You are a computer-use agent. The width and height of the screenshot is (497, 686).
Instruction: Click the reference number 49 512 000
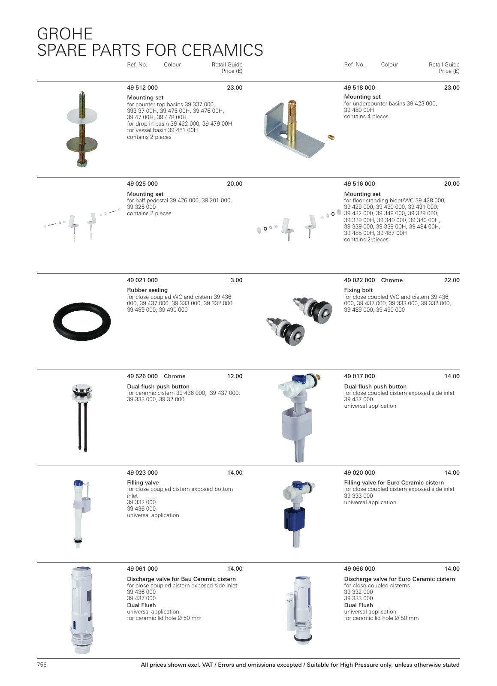tap(142, 88)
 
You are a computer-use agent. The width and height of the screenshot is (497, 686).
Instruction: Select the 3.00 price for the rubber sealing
tap(236, 280)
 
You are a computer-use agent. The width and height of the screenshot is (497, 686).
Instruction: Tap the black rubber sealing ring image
tap(82, 322)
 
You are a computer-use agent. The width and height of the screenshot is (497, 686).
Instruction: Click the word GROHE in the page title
tap(65, 34)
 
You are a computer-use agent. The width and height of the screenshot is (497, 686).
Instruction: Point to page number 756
tap(42, 665)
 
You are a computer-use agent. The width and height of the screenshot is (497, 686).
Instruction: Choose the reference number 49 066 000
tap(359, 569)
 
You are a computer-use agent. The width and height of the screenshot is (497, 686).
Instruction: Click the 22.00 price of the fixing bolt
tap(452, 280)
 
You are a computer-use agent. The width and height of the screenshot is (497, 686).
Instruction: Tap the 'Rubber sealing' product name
tap(147, 290)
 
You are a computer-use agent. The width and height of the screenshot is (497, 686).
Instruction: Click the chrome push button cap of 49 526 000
tap(82, 389)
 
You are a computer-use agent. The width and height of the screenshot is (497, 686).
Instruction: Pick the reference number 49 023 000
tap(142, 473)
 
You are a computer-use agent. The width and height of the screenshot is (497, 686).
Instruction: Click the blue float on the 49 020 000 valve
tap(294, 519)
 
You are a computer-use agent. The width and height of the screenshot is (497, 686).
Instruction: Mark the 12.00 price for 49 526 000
tap(235, 376)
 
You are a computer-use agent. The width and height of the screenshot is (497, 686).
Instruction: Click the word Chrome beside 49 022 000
tap(392, 280)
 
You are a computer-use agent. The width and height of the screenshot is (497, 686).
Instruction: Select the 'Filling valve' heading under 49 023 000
tap(143, 483)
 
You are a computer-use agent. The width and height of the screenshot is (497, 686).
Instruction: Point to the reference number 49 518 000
tap(359, 88)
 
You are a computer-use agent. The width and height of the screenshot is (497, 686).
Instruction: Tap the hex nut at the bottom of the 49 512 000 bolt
tap(82, 162)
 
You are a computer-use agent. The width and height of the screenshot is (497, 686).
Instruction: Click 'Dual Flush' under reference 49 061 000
tap(142, 605)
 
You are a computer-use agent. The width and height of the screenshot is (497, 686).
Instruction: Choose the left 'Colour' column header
tap(172, 65)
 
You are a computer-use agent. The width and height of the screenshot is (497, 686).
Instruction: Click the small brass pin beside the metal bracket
tap(331, 137)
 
